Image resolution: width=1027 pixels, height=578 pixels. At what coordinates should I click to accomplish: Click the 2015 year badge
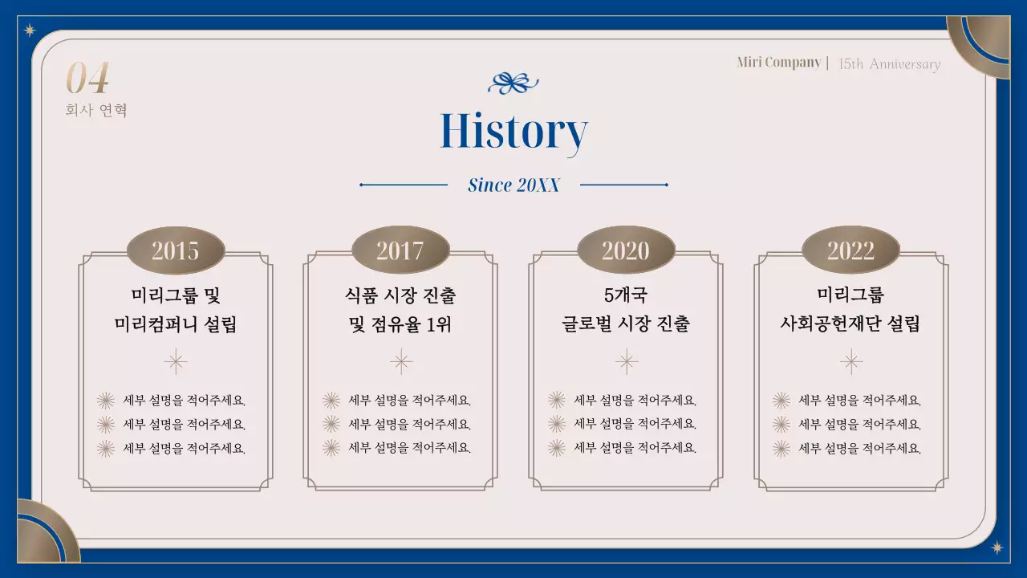click(176, 250)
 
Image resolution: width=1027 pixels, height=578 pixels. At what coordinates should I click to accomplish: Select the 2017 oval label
click(400, 250)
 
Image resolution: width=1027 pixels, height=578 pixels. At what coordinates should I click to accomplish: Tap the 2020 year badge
click(626, 250)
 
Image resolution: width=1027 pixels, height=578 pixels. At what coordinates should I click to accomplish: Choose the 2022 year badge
click(850, 250)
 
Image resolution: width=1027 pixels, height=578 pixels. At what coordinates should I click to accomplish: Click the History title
click(513, 132)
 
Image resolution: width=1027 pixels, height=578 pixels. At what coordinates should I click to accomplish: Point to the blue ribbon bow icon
click(513, 83)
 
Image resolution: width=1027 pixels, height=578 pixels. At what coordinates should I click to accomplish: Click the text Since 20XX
click(513, 185)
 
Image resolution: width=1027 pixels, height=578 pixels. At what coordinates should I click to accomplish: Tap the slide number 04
click(87, 79)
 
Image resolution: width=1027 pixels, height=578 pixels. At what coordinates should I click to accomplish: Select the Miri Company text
click(778, 63)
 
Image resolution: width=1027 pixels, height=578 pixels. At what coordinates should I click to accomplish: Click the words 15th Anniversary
click(889, 64)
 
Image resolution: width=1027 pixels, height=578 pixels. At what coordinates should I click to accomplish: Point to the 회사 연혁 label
click(96, 110)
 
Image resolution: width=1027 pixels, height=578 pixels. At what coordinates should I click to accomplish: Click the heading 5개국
click(626, 295)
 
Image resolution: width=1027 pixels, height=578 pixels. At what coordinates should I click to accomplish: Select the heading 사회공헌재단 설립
click(850, 324)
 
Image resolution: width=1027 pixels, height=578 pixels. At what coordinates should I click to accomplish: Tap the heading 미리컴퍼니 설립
click(176, 324)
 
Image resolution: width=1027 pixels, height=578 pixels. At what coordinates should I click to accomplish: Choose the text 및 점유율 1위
click(400, 324)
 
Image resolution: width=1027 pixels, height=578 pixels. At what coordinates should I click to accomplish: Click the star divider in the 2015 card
click(176, 362)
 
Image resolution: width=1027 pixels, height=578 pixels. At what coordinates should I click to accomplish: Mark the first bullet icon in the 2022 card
click(781, 401)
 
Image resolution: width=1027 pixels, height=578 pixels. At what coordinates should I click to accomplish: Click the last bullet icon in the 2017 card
click(331, 448)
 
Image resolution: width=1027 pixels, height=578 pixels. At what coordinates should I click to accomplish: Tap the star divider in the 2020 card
click(626, 362)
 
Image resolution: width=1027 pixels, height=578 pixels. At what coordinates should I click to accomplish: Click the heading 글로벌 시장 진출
click(626, 324)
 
